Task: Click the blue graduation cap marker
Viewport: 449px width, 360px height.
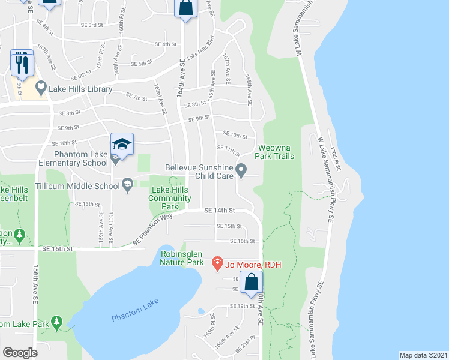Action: (x=122, y=145)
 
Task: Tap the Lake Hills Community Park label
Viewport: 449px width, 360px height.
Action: (x=170, y=198)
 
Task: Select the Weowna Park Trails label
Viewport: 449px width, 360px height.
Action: (x=276, y=152)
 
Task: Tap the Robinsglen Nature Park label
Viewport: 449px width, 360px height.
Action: (x=184, y=258)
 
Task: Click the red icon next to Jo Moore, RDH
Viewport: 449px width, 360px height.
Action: (x=218, y=263)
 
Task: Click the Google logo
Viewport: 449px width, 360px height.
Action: (x=20, y=352)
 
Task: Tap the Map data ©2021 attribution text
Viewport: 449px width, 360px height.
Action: (x=423, y=355)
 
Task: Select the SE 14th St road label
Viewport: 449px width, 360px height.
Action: (x=218, y=211)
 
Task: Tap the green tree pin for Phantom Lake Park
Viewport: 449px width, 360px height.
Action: (x=57, y=323)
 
